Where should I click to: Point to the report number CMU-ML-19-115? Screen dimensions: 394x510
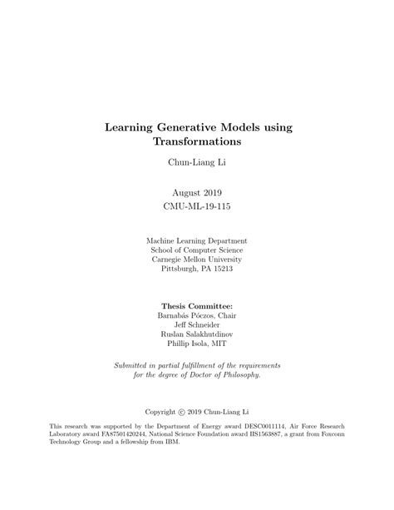tap(197, 204)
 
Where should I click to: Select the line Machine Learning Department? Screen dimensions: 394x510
tap(197, 240)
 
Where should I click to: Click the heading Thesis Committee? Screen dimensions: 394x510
tap(197, 305)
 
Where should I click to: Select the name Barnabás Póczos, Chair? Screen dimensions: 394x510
tap(197, 315)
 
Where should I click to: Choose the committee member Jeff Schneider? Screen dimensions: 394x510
tap(197, 324)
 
